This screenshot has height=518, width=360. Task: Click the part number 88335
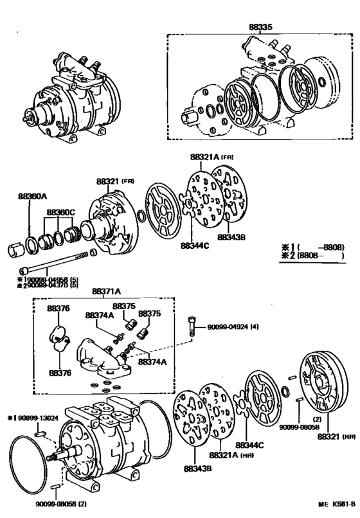click(260, 28)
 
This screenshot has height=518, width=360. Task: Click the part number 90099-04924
click(230, 328)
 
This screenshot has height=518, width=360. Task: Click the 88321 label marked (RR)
click(332, 436)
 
